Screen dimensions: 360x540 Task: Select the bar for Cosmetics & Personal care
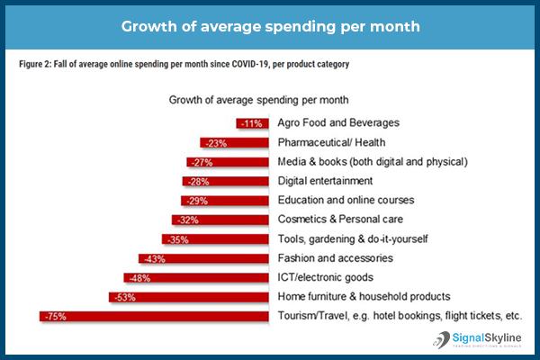pos(220,220)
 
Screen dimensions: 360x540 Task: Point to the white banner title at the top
pos(270,24)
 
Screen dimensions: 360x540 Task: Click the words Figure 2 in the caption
pos(37,65)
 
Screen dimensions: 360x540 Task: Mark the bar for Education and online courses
pos(224,201)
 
